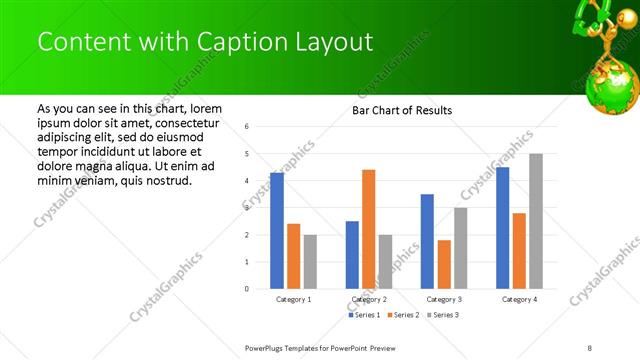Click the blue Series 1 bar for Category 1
click(x=277, y=231)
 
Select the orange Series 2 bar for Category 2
click(x=368, y=229)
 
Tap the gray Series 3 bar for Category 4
click(x=536, y=221)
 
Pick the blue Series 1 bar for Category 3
click(x=427, y=241)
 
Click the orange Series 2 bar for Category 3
click(x=444, y=264)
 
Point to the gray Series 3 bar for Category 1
click(x=310, y=262)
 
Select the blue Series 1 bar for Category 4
click(x=502, y=228)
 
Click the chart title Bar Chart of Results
click(x=402, y=110)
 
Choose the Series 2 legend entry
click(x=403, y=315)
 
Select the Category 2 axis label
click(x=368, y=299)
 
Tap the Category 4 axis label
click(x=519, y=299)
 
